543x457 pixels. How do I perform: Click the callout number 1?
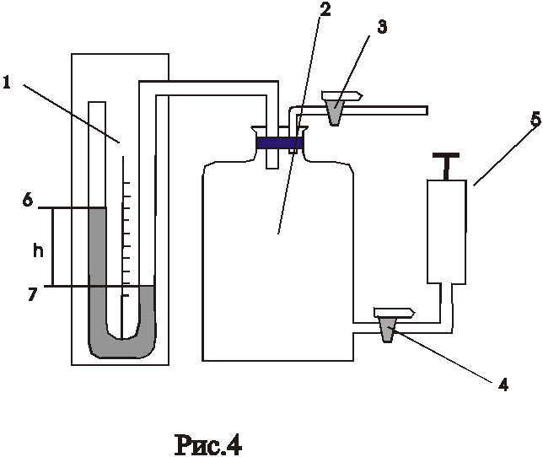[7, 83]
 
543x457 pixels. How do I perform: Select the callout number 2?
[325, 9]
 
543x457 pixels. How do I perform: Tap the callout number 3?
[382, 27]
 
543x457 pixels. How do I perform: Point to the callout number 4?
[503, 384]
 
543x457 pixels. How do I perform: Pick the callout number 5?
[535, 120]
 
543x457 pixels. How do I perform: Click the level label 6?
[28, 200]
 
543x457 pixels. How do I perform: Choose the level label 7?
[32, 294]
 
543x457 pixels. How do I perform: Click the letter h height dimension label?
[38, 250]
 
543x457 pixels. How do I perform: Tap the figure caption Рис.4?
[208, 444]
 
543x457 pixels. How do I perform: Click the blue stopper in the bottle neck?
[280, 143]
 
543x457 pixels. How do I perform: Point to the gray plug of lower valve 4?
[388, 330]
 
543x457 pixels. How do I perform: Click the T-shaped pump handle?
[446, 166]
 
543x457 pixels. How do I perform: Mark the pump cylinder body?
[446, 231]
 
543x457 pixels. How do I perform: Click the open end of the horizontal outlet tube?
[427, 110]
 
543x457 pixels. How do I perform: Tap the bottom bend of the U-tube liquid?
[121, 347]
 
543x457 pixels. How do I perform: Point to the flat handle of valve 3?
[342, 95]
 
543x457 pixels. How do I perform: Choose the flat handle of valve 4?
[395, 313]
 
